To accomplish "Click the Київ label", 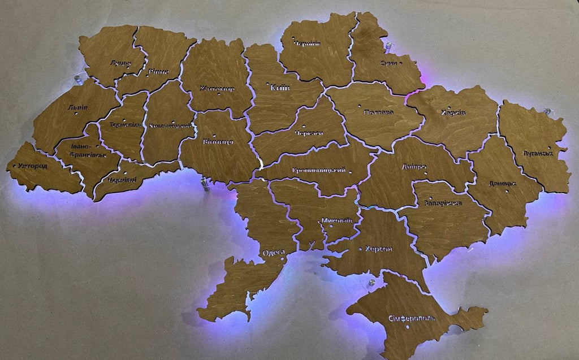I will (x=280, y=88).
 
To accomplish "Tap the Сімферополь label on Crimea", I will (x=412, y=318).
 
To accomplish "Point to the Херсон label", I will (x=379, y=249).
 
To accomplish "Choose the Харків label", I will (x=453, y=112).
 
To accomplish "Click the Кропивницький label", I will (x=319, y=171).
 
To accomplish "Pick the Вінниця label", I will (x=217, y=142).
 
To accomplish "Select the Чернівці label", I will (x=122, y=180).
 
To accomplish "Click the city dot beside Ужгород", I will (x=14, y=166).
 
